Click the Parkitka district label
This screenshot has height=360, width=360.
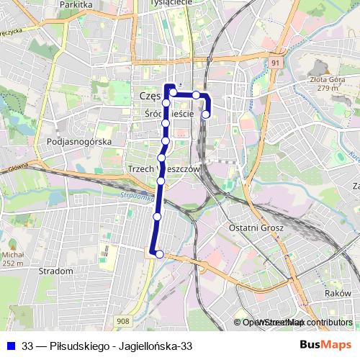[x=77, y=4]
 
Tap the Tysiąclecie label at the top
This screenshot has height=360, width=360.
[x=170, y=3]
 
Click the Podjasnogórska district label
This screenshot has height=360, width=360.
[x=78, y=142]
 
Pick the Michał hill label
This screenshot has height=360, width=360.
[x=13, y=255]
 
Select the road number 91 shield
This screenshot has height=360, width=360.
[x=276, y=63]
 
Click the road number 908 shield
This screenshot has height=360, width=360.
[x=122, y=321]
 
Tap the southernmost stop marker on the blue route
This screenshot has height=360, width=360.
[x=159, y=253]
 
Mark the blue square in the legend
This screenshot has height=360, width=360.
[x=9, y=346]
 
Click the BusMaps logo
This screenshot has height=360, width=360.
[x=325, y=346]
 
